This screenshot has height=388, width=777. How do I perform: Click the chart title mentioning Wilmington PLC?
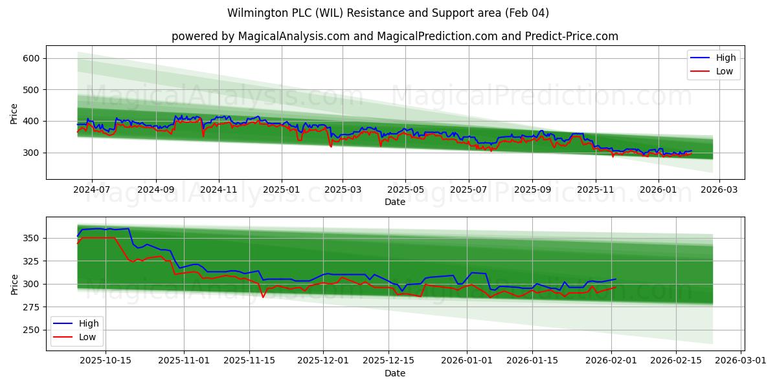point(388,13)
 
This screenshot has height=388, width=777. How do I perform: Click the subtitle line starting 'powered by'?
point(394,36)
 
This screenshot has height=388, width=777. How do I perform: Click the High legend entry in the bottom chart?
point(88,323)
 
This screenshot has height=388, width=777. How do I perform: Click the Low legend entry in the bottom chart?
point(87,337)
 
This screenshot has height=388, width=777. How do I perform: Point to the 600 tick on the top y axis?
point(32,58)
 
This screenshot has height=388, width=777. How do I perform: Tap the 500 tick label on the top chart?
point(32,90)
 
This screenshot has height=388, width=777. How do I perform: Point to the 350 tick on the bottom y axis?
point(32,239)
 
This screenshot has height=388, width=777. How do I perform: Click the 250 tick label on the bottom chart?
point(32,330)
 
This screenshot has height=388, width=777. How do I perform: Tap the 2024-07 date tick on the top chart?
point(91,189)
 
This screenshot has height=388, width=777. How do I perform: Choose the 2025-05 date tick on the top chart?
point(406,189)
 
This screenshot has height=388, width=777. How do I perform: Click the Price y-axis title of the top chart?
point(14,114)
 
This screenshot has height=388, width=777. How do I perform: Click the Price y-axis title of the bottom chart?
point(14,284)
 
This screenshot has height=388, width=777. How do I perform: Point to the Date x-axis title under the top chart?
point(394,202)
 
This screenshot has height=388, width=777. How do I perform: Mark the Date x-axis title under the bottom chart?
point(394,373)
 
